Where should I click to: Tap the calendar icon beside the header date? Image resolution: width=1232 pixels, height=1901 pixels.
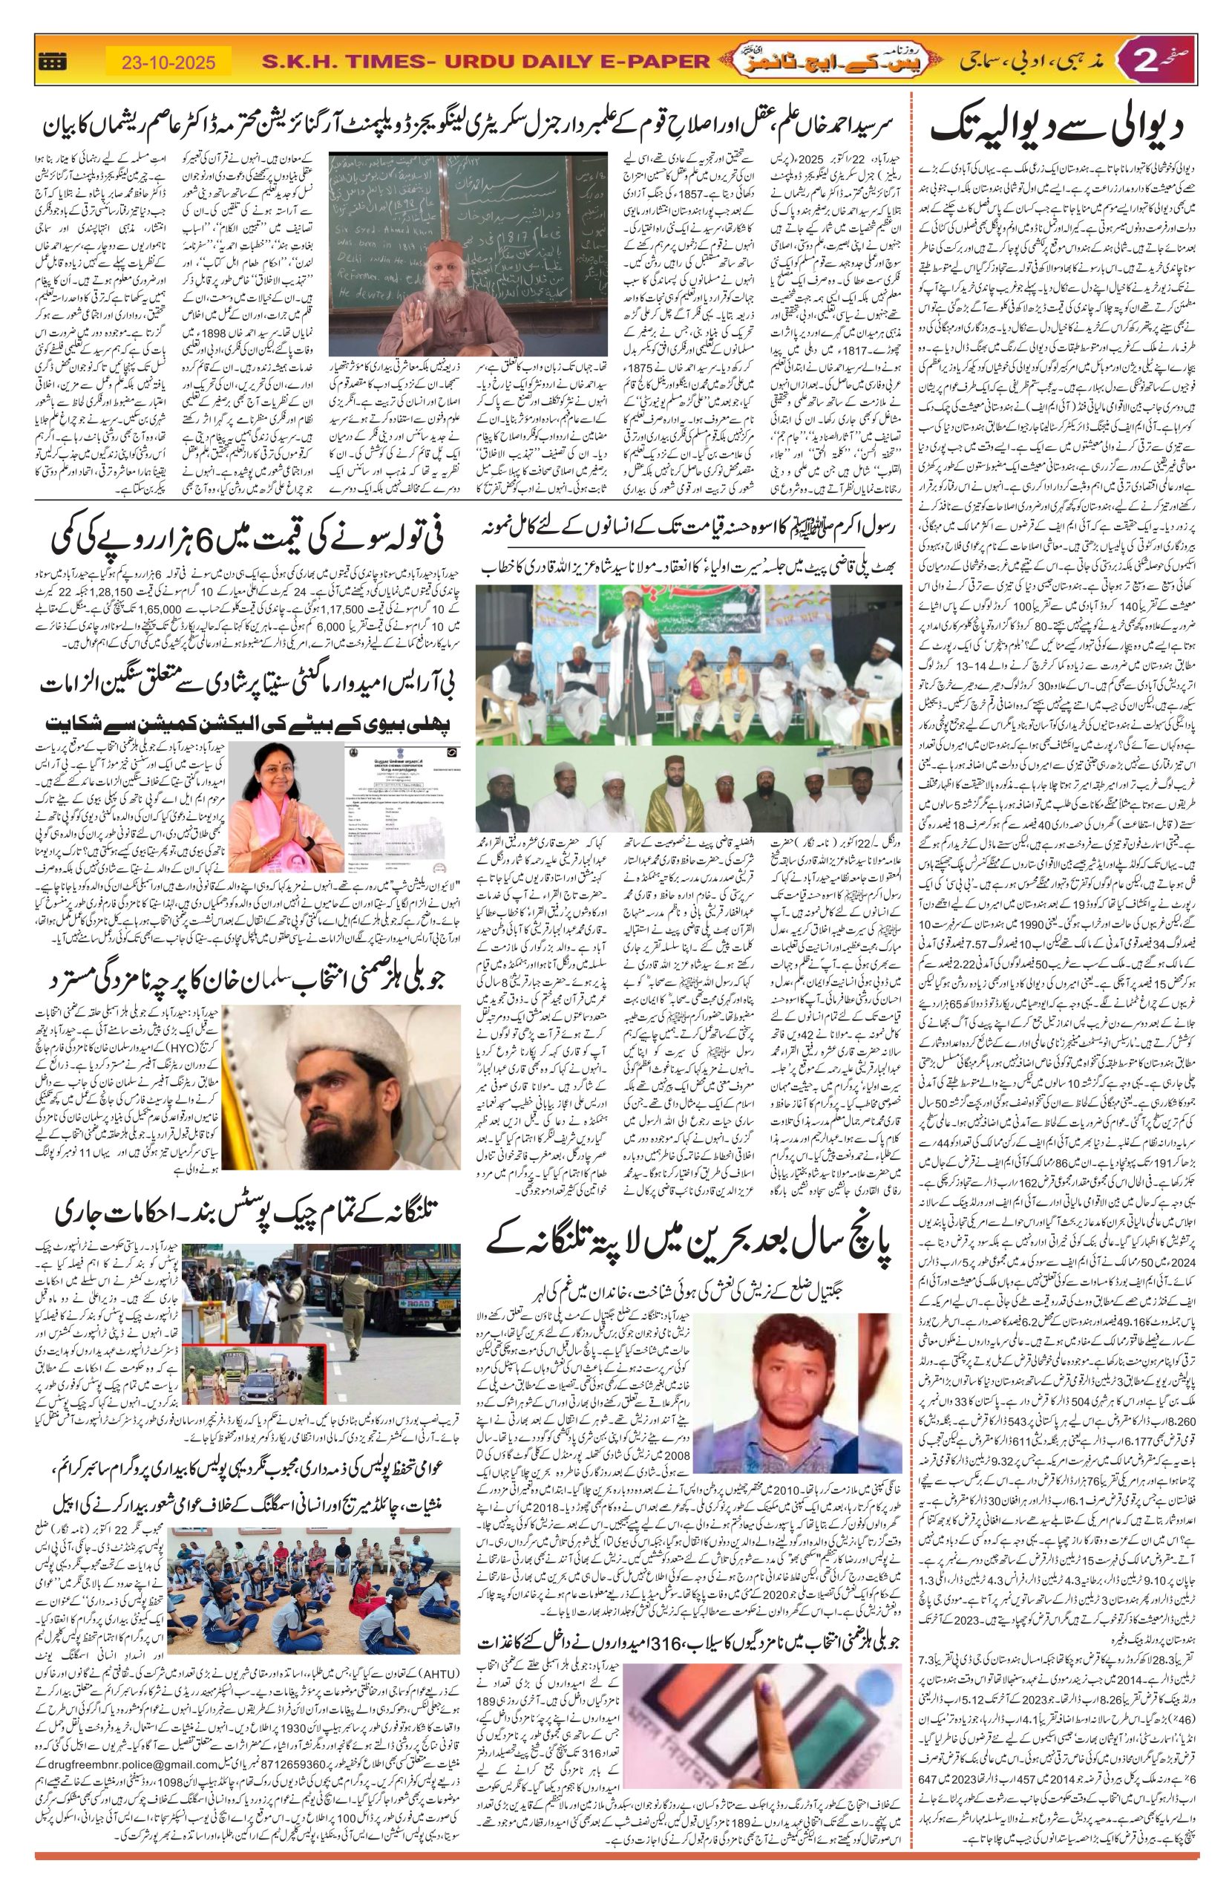[x=52, y=62]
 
